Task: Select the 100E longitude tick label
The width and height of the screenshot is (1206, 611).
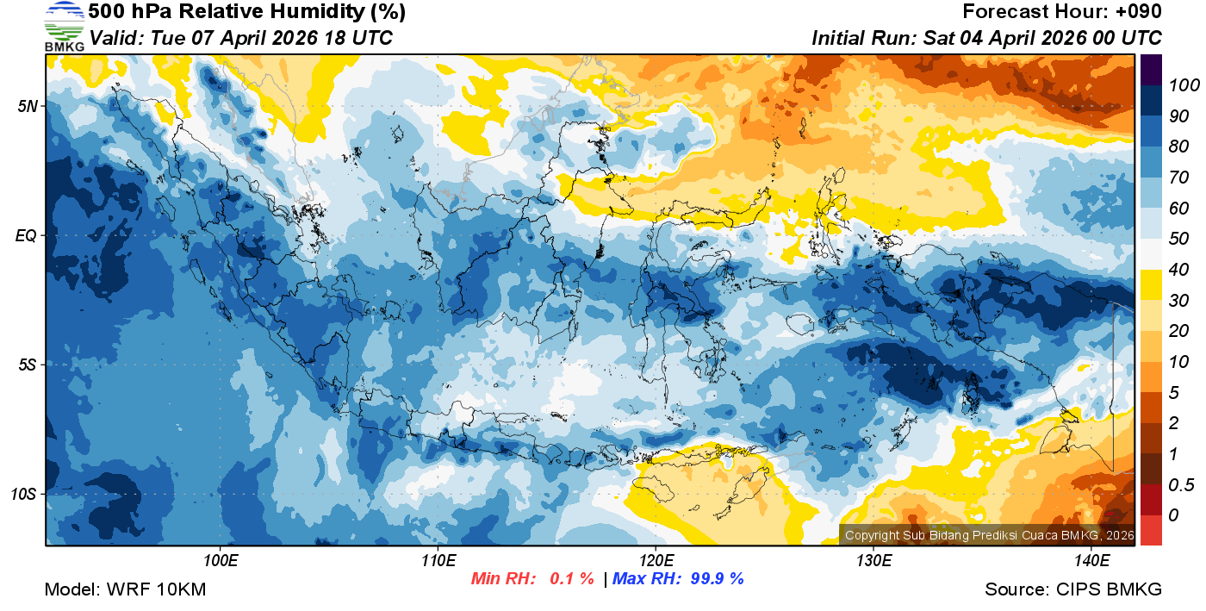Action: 221,561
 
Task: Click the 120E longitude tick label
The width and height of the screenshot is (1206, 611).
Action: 656,561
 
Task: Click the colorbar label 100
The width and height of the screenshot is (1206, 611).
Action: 1178,85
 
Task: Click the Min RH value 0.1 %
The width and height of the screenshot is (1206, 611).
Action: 572,578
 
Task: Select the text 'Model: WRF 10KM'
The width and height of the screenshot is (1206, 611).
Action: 125,590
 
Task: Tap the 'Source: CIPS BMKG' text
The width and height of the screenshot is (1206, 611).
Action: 1073,590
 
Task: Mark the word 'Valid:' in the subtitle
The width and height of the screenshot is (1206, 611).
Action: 116,38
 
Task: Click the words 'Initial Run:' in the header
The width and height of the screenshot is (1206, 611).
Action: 864,38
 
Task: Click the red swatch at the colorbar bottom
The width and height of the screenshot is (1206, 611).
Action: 1151,529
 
